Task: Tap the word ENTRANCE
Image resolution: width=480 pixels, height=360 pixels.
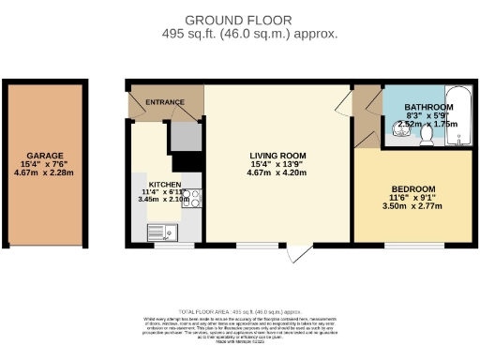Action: coord(165,102)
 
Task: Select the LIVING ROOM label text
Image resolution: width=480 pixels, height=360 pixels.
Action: coord(277,156)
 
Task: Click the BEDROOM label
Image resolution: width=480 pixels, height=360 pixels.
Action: coord(413,188)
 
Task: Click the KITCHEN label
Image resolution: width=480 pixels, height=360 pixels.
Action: coord(154,184)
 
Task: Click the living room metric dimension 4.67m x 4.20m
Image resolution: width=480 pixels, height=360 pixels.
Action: coord(277,172)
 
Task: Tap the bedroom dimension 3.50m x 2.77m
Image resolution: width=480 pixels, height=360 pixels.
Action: coord(413,205)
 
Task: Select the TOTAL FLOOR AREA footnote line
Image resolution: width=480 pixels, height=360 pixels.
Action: coord(240,310)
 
